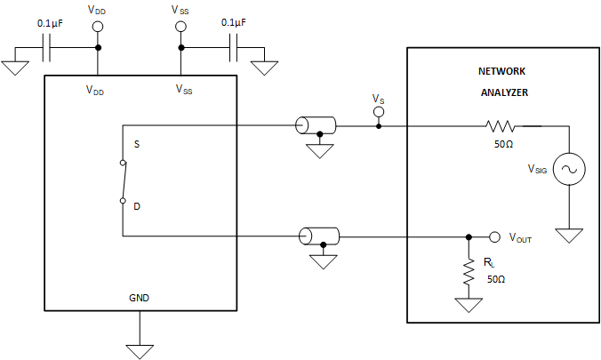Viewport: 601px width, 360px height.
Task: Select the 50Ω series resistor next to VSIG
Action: (x=501, y=126)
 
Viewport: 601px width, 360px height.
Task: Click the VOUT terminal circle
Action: (x=495, y=237)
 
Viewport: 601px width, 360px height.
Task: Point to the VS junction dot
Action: (x=379, y=126)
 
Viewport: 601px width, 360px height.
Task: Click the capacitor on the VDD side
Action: (x=49, y=49)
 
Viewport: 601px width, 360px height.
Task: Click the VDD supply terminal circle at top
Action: (x=97, y=27)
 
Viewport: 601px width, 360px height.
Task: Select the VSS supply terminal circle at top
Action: (x=181, y=27)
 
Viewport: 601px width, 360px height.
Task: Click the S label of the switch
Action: (x=137, y=143)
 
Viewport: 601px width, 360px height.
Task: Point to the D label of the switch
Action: (x=137, y=206)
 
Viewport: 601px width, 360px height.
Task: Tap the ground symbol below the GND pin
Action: (x=139, y=349)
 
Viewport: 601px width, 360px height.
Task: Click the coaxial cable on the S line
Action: (x=316, y=126)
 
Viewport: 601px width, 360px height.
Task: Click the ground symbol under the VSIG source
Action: (x=569, y=236)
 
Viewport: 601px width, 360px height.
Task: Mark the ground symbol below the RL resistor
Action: (x=469, y=306)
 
